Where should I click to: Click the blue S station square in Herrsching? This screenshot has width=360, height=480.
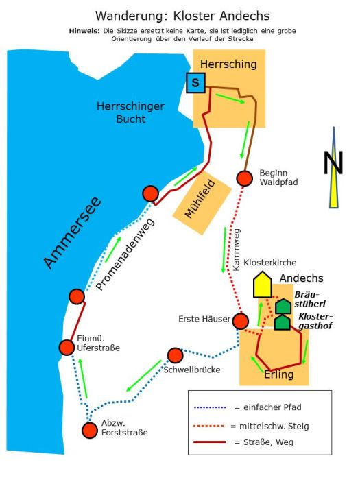click(x=195, y=83)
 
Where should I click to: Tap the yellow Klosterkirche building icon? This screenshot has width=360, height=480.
click(x=263, y=285)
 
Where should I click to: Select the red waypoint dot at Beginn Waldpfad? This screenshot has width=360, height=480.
click(x=245, y=178)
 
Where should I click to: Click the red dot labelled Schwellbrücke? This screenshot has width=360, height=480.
click(x=175, y=355)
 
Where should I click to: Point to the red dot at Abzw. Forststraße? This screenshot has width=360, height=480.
click(x=90, y=431)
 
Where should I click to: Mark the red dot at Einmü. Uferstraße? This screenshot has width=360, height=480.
click(x=67, y=348)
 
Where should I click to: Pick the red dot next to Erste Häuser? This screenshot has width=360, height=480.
click(x=240, y=321)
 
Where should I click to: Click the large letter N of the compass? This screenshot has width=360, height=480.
click(x=333, y=163)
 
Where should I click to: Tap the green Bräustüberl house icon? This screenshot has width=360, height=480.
click(x=283, y=306)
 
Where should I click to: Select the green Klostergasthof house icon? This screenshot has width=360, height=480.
click(x=283, y=322)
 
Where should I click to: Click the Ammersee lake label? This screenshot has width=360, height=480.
click(x=72, y=232)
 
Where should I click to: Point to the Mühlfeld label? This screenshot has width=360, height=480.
click(x=200, y=199)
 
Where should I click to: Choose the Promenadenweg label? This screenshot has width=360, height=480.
click(x=125, y=254)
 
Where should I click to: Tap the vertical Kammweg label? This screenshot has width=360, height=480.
click(x=237, y=250)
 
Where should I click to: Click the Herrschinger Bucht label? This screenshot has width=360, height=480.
click(x=131, y=112)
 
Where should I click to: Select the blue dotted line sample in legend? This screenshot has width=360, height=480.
click(x=210, y=407)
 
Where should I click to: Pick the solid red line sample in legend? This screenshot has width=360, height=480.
click(x=210, y=442)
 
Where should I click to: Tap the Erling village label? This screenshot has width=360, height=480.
click(x=279, y=374)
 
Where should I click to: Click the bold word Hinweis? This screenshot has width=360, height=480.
click(x=84, y=31)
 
